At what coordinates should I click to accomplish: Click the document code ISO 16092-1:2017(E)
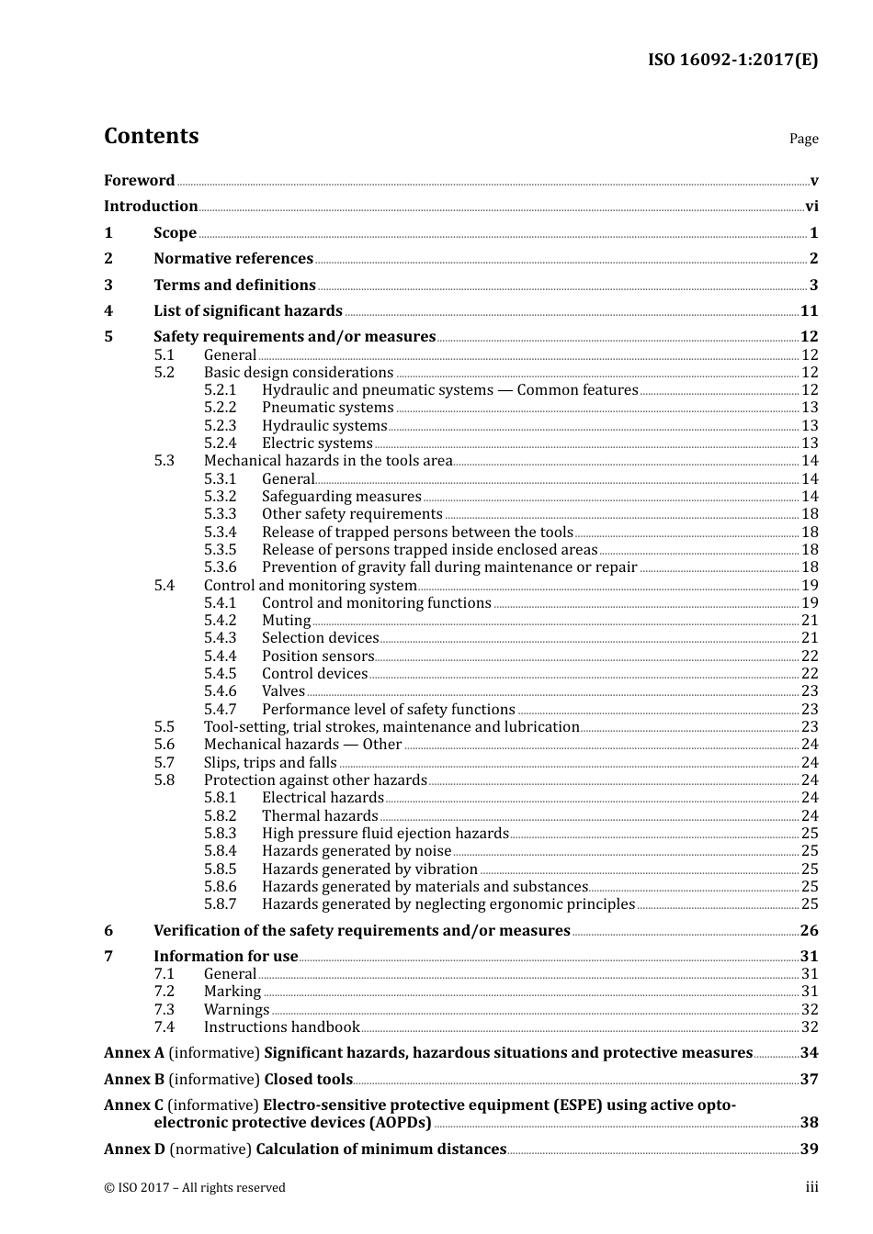pyautogui.click(x=732, y=61)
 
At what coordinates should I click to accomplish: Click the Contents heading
pyautogui.click(x=152, y=136)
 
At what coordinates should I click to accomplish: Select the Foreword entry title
pyautogui.click(x=139, y=181)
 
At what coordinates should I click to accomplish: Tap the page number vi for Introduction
pyautogui.click(x=811, y=207)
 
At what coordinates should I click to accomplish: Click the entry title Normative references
pyautogui.click(x=233, y=259)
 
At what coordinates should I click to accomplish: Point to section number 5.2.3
pyautogui.click(x=220, y=426)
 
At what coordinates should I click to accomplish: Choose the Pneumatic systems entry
pyautogui.click(x=327, y=408)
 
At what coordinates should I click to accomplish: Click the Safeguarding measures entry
pyautogui.click(x=341, y=497)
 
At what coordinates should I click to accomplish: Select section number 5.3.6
pyautogui.click(x=220, y=567)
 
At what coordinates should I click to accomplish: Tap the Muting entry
pyautogui.click(x=286, y=621)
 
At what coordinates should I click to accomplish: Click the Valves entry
pyautogui.click(x=283, y=691)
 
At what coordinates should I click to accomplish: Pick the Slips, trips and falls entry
pyautogui.click(x=270, y=763)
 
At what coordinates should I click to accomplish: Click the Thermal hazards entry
pyautogui.click(x=320, y=816)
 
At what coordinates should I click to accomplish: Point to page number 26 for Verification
pyautogui.click(x=809, y=931)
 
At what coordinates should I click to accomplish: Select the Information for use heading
pyautogui.click(x=226, y=957)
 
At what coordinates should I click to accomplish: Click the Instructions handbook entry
pyautogui.click(x=281, y=1027)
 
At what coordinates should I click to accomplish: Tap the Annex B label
pyautogui.click(x=134, y=1080)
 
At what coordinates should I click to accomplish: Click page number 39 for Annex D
pyautogui.click(x=809, y=1150)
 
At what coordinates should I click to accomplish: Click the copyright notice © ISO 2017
pyautogui.click(x=195, y=1188)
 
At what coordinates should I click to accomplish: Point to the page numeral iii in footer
pyautogui.click(x=811, y=1187)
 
